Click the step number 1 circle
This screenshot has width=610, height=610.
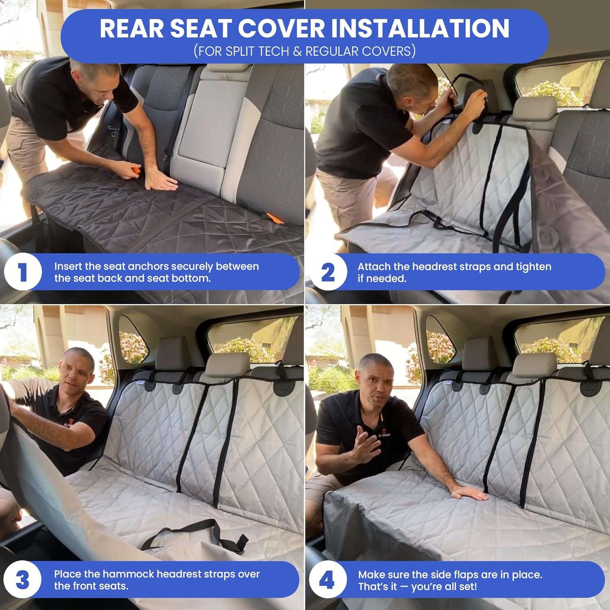point(23,272)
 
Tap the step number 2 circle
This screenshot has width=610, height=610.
point(328,272)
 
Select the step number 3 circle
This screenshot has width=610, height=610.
point(23,580)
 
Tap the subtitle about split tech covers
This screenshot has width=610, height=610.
point(305,51)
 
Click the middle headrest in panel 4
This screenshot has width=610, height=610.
point(534,364)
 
